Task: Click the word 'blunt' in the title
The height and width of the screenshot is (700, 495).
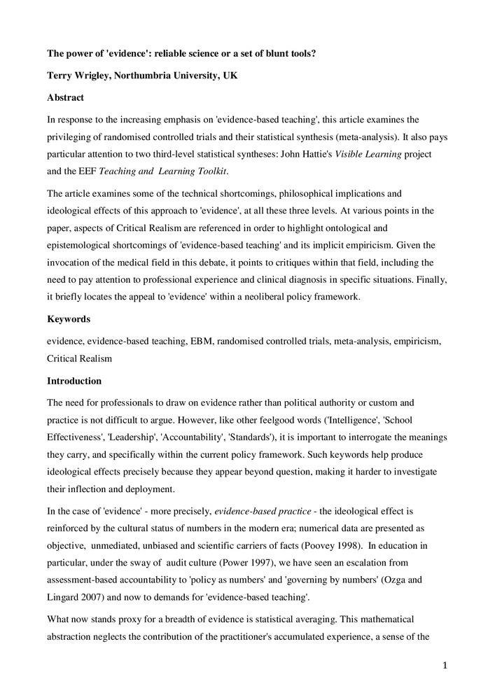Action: click(276, 53)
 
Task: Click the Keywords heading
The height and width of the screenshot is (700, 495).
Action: click(69, 319)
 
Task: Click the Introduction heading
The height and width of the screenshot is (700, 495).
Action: click(74, 381)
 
